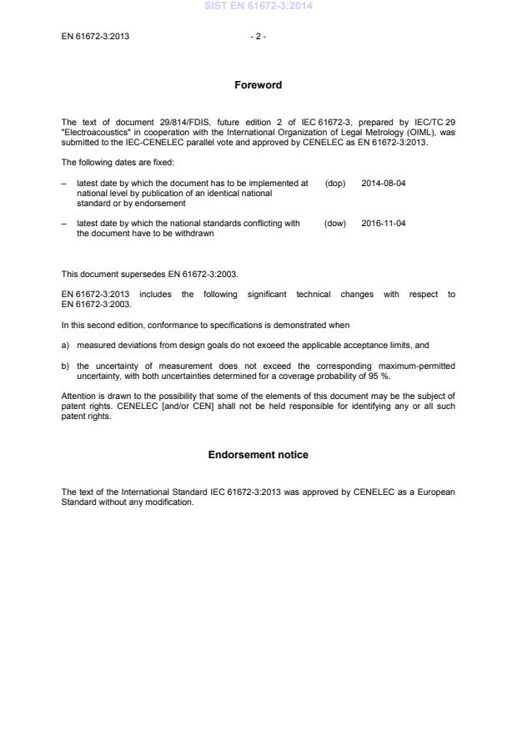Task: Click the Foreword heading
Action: point(258,85)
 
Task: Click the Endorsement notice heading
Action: point(258,455)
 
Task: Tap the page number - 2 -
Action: point(258,37)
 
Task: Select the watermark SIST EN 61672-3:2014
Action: point(258,7)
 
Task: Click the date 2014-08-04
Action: point(384,183)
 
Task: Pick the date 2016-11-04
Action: point(384,224)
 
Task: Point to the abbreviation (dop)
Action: point(334,183)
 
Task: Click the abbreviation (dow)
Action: point(334,224)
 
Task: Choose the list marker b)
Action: point(66,366)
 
